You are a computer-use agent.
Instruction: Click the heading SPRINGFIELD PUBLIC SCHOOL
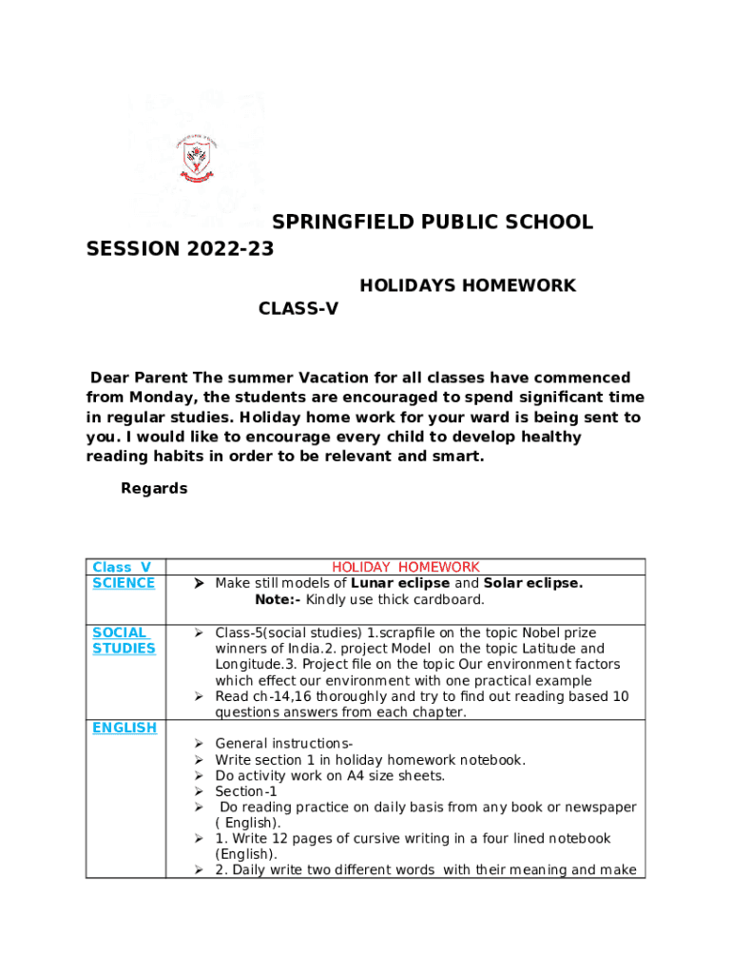(x=433, y=223)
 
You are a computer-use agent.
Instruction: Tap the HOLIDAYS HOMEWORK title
(x=467, y=285)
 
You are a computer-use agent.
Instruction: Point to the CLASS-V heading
(x=299, y=309)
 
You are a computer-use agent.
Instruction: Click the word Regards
(x=154, y=489)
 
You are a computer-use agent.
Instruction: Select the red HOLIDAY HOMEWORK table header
(x=405, y=567)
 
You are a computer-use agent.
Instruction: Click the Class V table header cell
(x=122, y=567)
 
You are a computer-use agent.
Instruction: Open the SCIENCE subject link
(x=124, y=583)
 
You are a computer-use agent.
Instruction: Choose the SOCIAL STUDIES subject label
(x=124, y=640)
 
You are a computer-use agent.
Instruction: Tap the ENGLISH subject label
(x=125, y=728)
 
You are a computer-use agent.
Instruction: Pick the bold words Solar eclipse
(x=532, y=583)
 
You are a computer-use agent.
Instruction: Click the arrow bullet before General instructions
(x=200, y=744)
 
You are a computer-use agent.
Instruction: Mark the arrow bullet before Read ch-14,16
(x=200, y=696)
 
